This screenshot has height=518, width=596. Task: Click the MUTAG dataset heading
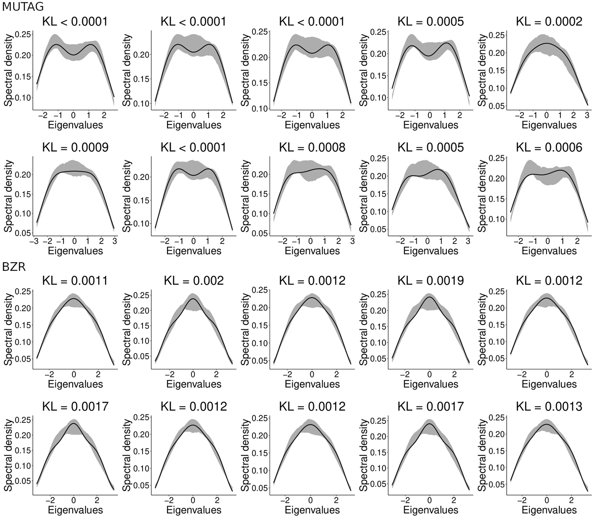(x=23, y=6)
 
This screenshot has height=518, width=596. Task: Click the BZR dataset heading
(x=14, y=267)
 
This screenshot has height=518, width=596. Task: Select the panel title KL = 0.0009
(x=75, y=148)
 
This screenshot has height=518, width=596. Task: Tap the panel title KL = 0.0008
(x=312, y=148)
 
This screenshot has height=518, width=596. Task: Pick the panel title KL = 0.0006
(x=549, y=148)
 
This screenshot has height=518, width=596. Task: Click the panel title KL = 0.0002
(x=549, y=22)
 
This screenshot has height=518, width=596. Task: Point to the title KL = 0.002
(x=194, y=281)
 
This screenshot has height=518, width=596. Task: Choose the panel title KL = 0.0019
(x=431, y=281)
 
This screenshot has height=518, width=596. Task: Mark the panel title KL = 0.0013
(x=549, y=407)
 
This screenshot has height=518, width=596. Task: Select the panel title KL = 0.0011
(x=75, y=281)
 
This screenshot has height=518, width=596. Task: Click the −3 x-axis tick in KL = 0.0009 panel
(x=34, y=241)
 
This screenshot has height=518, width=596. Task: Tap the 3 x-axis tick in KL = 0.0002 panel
(x=587, y=115)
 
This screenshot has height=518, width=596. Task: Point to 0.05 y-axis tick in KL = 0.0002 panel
(x=497, y=106)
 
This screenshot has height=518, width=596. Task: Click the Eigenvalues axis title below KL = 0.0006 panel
(x=549, y=251)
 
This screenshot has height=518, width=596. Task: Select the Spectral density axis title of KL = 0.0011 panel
(x=8, y=329)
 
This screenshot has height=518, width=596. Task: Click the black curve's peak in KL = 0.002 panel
(x=193, y=299)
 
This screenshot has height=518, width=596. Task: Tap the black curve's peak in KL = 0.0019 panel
(x=430, y=297)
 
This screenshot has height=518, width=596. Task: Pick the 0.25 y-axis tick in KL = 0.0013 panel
(x=497, y=417)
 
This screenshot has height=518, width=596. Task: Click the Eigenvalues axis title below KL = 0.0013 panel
(x=549, y=510)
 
